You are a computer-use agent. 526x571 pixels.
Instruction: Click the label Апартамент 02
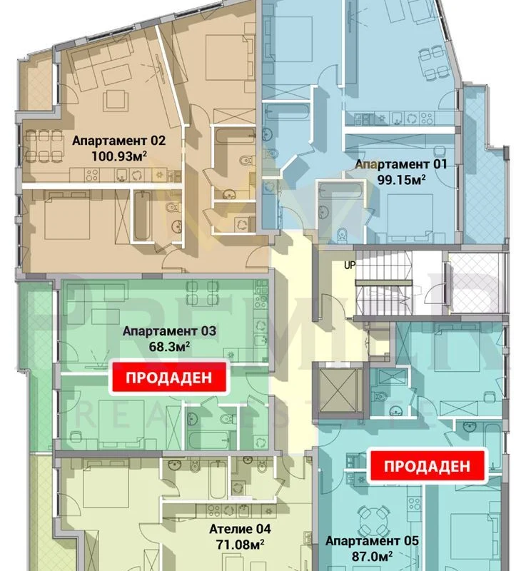[x=118, y=141]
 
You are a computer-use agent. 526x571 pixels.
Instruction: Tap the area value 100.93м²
[x=119, y=156]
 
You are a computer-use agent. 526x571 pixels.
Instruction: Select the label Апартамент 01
[x=401, y=164]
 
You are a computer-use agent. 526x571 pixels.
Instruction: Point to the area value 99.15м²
[x=402, y=180]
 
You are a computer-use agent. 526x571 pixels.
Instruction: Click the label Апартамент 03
[x=169, y=331]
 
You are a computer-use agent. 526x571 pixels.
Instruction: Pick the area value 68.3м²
[x=169, y=346]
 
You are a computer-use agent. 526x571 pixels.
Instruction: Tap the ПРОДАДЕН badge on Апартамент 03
[x=169, y=378]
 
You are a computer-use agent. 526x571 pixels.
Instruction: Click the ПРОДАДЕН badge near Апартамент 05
[x=427, y=467]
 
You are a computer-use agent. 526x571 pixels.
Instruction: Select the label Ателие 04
[x=241, y=529]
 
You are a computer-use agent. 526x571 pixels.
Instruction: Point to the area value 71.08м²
[x=241, y=545]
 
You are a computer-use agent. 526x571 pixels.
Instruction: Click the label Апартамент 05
[x=372, y=541]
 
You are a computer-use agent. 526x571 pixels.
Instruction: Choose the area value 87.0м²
[x=372, y=557]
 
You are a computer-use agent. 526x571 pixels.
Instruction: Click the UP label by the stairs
[x=350, y=265]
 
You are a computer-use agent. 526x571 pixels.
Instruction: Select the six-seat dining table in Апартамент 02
[x=44, y=146]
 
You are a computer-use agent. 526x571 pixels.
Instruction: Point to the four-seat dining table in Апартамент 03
[x=203, y=293]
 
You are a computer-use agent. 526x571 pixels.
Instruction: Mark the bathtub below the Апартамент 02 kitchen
[x=141, y=216]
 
